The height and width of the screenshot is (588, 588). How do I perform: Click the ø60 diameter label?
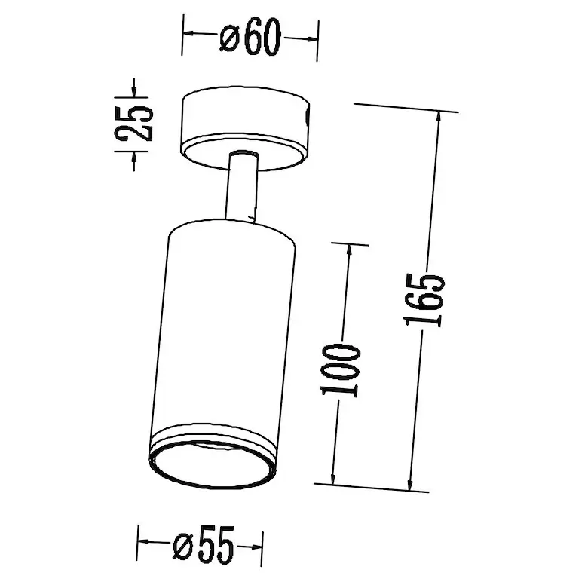250,37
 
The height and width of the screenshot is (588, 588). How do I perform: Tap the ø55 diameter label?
204,546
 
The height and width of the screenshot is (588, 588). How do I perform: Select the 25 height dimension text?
134,124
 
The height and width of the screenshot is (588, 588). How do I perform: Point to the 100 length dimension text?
340,371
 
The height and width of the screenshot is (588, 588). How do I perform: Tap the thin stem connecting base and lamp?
241,185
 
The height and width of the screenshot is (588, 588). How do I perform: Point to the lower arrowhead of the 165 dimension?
411,484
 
